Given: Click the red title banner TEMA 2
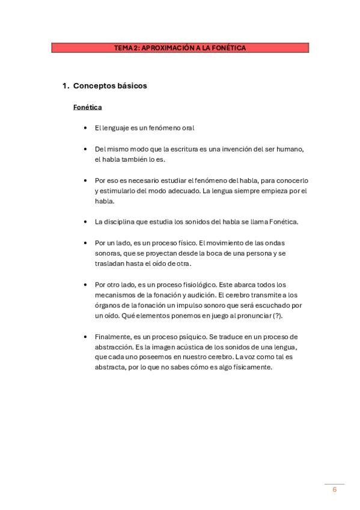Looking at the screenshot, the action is (x=180, y=48).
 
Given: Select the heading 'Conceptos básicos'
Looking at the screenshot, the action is (x=110, y=86).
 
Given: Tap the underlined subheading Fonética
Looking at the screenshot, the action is (x=87, y=108).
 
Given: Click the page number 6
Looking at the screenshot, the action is (x=334, y=490).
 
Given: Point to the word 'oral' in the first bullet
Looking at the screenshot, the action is (x=188, y=128).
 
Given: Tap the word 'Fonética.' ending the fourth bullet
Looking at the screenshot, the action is (x=283, y=221).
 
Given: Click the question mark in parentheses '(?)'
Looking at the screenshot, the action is (x=277, y=316).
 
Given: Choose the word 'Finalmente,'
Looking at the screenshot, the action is (x=112, y=337).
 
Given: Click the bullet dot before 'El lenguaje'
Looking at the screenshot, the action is (x=87, y=128).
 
